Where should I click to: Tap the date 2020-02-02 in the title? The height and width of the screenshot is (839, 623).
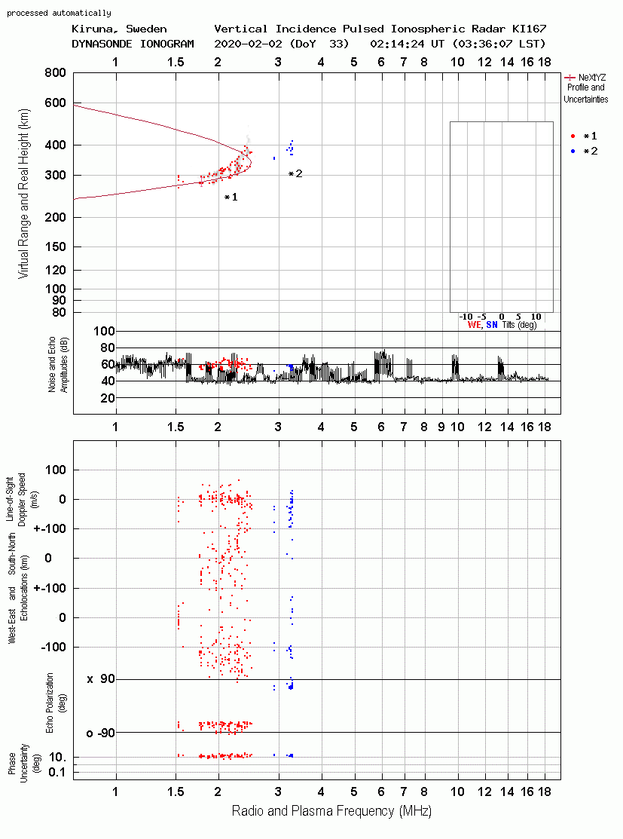[x=248, y=44]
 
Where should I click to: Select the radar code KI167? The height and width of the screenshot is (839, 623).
[x=529, y=29]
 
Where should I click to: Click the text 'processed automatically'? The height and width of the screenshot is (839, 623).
[x=59, y=13]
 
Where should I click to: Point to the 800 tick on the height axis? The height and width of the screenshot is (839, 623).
[x=55, y=73]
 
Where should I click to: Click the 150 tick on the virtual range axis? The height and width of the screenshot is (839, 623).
[x=55, y=246]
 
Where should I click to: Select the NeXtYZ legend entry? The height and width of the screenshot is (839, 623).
[x=585, y=78]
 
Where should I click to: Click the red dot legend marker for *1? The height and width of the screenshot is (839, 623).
[x=573, y=136]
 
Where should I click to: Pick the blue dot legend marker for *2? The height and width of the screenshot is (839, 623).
[x=573, y=152]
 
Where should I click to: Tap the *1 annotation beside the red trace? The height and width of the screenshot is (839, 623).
[x=231, y=198]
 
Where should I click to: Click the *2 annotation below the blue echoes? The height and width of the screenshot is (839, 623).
[x=295, y=174]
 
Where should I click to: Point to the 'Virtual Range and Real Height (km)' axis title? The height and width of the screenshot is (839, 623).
[x=23, y=194]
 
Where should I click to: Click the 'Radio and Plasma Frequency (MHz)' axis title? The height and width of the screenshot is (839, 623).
[x=331, y=811]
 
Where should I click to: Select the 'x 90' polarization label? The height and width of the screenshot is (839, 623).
[x=101, y=679]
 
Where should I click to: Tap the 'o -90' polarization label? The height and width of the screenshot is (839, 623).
[x=101, y=733]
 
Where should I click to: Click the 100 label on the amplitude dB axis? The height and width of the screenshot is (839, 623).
[x=104, y=331]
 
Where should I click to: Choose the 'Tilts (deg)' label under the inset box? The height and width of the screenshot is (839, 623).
[x=519, y=325]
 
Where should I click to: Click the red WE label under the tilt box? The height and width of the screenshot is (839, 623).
[x=475, y=325]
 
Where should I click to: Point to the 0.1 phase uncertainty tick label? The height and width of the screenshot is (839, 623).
[x=56, y=772]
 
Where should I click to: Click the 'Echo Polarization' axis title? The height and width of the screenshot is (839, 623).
[x=50, y=703]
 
